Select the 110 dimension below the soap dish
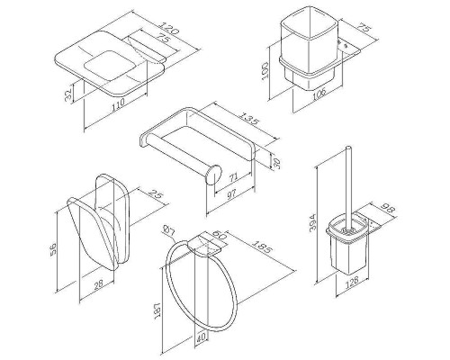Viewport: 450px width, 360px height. (118, 105)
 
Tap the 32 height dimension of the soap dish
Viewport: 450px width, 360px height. (68, 94)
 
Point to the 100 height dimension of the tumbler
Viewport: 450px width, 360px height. (265, 70)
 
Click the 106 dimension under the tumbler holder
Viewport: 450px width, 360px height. (319, 95)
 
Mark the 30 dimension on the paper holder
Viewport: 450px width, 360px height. (277, 162)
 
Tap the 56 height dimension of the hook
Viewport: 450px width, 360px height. (53, 248)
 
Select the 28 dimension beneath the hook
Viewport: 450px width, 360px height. (98, 283)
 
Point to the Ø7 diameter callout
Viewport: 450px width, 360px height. (168, 230)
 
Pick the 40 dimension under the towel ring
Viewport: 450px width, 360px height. (202, 337)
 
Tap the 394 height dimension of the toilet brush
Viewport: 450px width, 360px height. (312, 222)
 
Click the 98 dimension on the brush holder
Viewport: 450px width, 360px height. (389, 208)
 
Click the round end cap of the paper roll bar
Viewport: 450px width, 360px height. (213, 175)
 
